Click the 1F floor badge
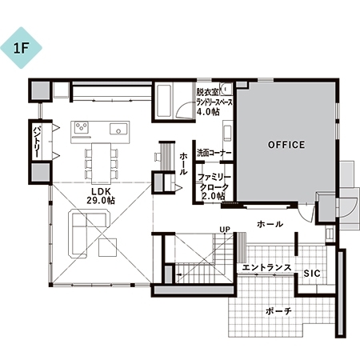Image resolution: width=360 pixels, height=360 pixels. [21, 48]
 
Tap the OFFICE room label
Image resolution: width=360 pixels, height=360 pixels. [286, 145]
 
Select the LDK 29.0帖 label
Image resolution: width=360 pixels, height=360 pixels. [101, 196]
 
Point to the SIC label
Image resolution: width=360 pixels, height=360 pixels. [312, 274]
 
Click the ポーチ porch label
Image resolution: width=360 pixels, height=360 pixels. [278, 311]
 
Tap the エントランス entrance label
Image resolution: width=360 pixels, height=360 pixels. [266, 267]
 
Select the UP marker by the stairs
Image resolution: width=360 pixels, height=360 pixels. [225, 229]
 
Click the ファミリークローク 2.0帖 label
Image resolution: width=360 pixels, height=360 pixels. [214, 186]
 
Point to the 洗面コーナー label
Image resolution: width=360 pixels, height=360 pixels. [214, 153]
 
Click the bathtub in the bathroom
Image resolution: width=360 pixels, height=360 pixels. [163, 101]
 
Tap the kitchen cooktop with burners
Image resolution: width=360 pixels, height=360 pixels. [81, 127]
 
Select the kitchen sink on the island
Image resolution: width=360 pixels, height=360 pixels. [118, 129]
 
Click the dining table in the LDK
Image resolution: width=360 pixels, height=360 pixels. [101, 163]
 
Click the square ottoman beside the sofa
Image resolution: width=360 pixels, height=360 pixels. [108, 247]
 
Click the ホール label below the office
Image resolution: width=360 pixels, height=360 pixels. [270, 224]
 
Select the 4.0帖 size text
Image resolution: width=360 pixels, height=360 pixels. [208, 112]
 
